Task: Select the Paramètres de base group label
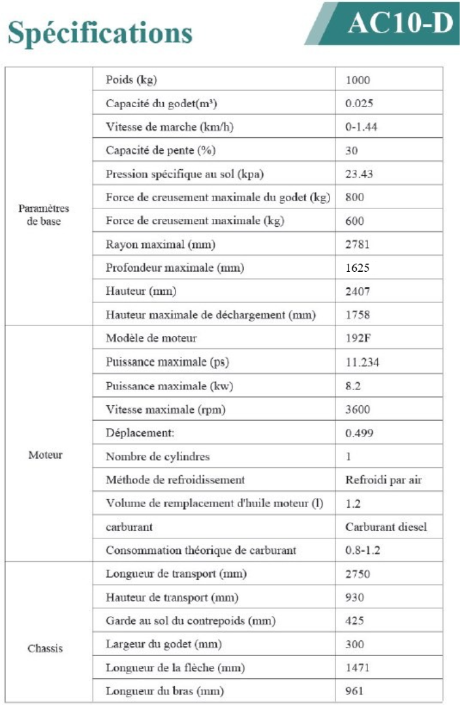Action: click(x=44, y=215)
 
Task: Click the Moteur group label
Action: click(x=46, y=454)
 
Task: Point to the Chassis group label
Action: click(x=46, y=649)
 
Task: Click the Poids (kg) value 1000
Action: click(x=358, y=80)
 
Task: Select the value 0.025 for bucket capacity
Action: click(x=359, y=104)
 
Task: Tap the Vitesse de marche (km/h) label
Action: click(x=169, y=127)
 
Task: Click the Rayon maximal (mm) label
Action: click(x=160, y=245)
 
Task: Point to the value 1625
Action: click(x=358, y=268)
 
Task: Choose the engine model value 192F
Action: click(x=357, y=338)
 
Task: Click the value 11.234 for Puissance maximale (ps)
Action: click(x=362, y=363)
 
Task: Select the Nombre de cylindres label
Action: click(x=157, y=457)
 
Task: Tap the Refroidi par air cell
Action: click(x=383, y=480)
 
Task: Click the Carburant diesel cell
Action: click(x=386, y=527)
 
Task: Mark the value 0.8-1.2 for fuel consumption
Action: click(x=363, y=550)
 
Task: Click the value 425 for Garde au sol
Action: click(x=354, y=621)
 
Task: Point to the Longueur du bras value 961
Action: click(x=354, y=691)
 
